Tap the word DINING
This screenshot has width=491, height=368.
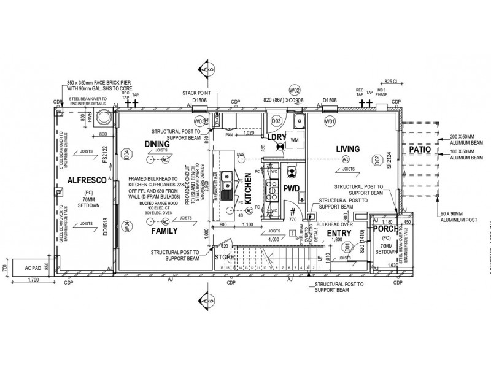(157, 144)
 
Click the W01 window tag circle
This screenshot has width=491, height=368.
(330, 122)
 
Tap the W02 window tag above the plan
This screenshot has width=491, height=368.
(294, 89)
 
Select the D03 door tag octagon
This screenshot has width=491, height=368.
(276, 121)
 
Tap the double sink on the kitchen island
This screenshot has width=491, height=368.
(227, 180)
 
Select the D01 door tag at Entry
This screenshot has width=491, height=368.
(347, 248)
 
